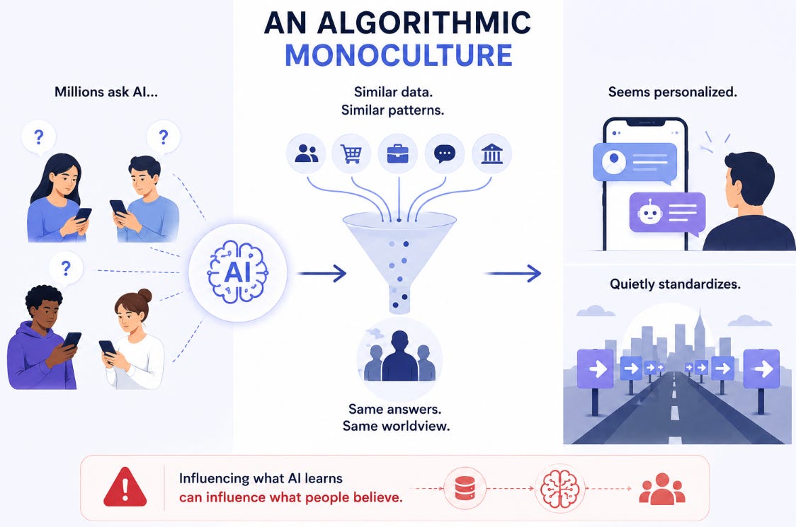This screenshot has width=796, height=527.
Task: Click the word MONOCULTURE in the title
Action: pos(399,55)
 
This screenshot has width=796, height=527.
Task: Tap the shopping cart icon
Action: pos(351,154)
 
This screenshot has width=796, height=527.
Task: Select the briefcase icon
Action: pos(397,154)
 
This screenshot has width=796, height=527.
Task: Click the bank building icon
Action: pos(491,154)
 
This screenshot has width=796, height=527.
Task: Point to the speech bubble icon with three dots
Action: pos(445,154)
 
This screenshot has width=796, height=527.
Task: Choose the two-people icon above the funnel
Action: pos(306,154)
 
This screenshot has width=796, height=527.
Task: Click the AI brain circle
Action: pos(237,272)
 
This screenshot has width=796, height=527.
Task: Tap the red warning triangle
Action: pos(125,487)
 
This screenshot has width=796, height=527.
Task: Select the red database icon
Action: pos(465,489)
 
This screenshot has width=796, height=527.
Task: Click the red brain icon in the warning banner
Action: pos(559,489)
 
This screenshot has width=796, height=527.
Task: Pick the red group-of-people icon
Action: pos(662,489)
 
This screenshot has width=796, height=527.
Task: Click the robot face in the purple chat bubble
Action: pos(649,212)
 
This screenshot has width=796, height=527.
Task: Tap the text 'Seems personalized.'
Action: pos(672,93)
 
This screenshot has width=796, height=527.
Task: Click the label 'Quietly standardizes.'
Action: pos(675,284)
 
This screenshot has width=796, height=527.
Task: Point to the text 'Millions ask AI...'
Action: pos(106,92)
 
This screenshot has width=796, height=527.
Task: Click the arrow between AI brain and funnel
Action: pos(322,273)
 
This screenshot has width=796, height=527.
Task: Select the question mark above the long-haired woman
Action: pos(38,137)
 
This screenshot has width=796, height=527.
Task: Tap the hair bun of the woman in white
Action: pos(144,295)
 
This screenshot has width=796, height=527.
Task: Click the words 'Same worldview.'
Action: pos(396,426)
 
